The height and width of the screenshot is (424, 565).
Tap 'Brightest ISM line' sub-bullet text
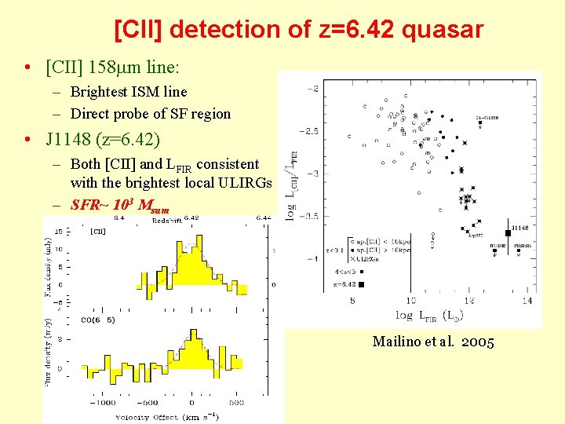click(129, 92)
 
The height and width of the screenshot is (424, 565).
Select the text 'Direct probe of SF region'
click(151, 114)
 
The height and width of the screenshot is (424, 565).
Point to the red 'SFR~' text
click(88, 206)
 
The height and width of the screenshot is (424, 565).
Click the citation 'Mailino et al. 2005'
click(433, 342)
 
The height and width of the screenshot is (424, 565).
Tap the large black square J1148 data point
click(508, 232)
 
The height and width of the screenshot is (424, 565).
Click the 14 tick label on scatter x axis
click(527, 301)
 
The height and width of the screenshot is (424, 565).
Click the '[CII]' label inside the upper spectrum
click(98, 232)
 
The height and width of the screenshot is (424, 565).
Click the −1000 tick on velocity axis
click(101, 402)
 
